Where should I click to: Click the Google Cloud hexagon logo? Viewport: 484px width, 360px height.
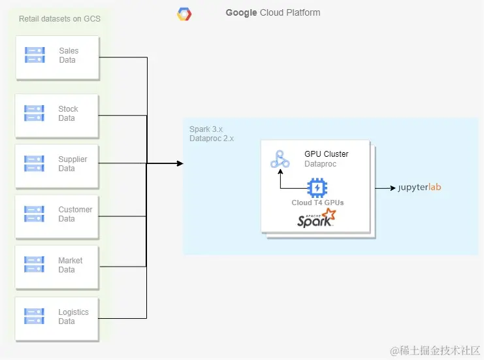pos(184,14)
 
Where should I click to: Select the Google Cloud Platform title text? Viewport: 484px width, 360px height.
pos(273,12)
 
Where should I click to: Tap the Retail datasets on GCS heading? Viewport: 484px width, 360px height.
pos(59,18)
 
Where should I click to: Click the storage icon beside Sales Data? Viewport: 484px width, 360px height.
pos(35,55)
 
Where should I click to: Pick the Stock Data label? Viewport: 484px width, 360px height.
pos(68,114)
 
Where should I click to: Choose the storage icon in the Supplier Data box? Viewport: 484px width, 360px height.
pos(35,164)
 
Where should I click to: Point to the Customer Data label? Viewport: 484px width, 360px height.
pos(75,214)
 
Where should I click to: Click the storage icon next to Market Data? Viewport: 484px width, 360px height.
pos(35,265)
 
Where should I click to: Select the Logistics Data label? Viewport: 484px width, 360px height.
pos(73,316)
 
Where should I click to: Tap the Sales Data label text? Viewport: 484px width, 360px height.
pos(68,55)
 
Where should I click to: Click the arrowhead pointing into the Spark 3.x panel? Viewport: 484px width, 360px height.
pos(180,163)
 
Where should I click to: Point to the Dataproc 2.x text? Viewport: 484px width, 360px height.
pos(212,139)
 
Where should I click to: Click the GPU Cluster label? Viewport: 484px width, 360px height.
pos(326,154)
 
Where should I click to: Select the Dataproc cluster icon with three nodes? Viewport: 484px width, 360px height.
pos(280,159)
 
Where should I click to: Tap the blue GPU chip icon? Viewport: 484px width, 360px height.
pos(317,188)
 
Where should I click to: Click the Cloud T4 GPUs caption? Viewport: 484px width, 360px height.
pos(317,203)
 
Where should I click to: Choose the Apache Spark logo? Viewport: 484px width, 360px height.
pos(317,218)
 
